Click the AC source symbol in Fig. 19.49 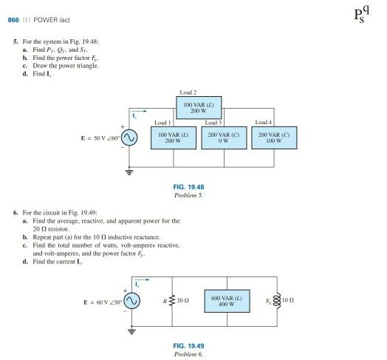tap(131, 301)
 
